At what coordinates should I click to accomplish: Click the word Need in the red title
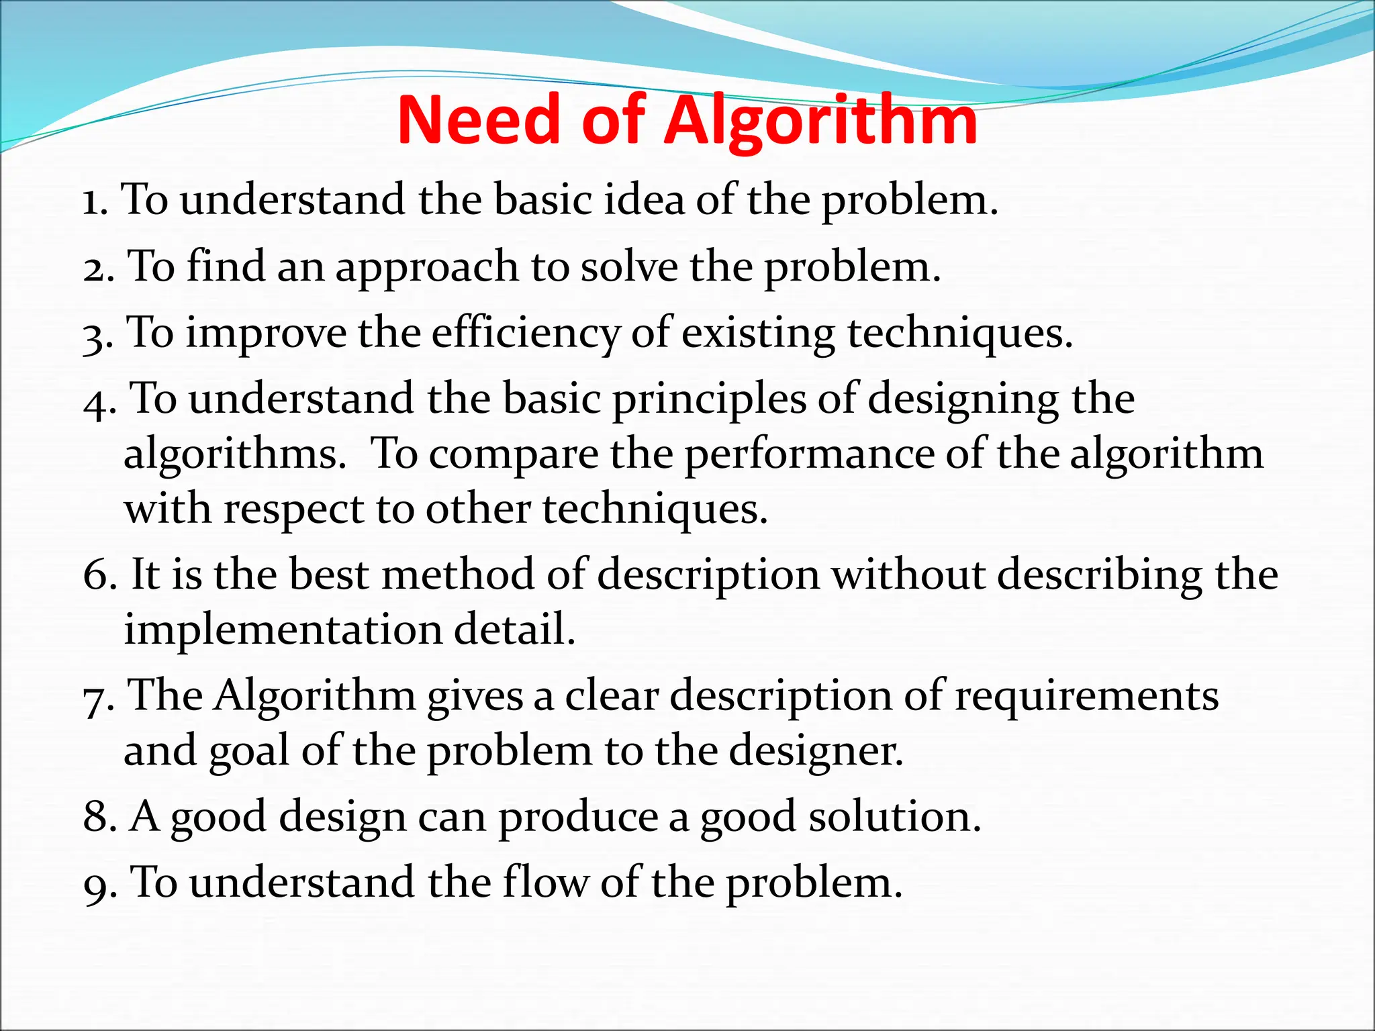478,121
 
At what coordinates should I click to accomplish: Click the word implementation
283,630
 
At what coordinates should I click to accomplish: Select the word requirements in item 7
1086,697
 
